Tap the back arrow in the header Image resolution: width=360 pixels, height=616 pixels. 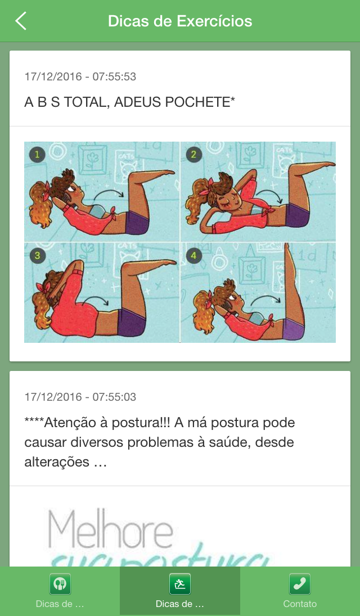coord(21,21)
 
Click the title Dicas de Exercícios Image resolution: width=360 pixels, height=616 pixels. coord(180,21)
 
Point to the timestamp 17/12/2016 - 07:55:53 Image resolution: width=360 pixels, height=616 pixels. coord(80,76)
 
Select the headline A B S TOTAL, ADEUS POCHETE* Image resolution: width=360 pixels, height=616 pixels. coord(130,102)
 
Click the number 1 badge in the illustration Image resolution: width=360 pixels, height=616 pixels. coord(37,155)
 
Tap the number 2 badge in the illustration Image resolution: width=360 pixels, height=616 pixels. coord(193,155)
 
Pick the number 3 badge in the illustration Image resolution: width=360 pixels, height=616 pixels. coord(37,256)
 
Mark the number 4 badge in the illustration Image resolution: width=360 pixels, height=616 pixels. coord(193,256)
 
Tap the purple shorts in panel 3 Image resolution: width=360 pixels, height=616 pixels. coord(132,321)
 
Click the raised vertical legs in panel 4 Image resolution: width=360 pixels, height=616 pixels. coord(294,281)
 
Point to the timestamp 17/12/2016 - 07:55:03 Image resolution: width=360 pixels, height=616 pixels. coord(80,397)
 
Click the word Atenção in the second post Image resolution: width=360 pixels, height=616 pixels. coord(73,422)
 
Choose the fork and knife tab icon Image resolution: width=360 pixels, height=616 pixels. coord(60,584)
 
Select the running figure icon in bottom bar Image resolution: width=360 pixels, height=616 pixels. coord(180,584)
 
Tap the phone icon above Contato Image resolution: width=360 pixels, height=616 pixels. coord(300,584)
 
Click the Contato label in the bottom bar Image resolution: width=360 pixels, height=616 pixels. coord(300,604)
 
